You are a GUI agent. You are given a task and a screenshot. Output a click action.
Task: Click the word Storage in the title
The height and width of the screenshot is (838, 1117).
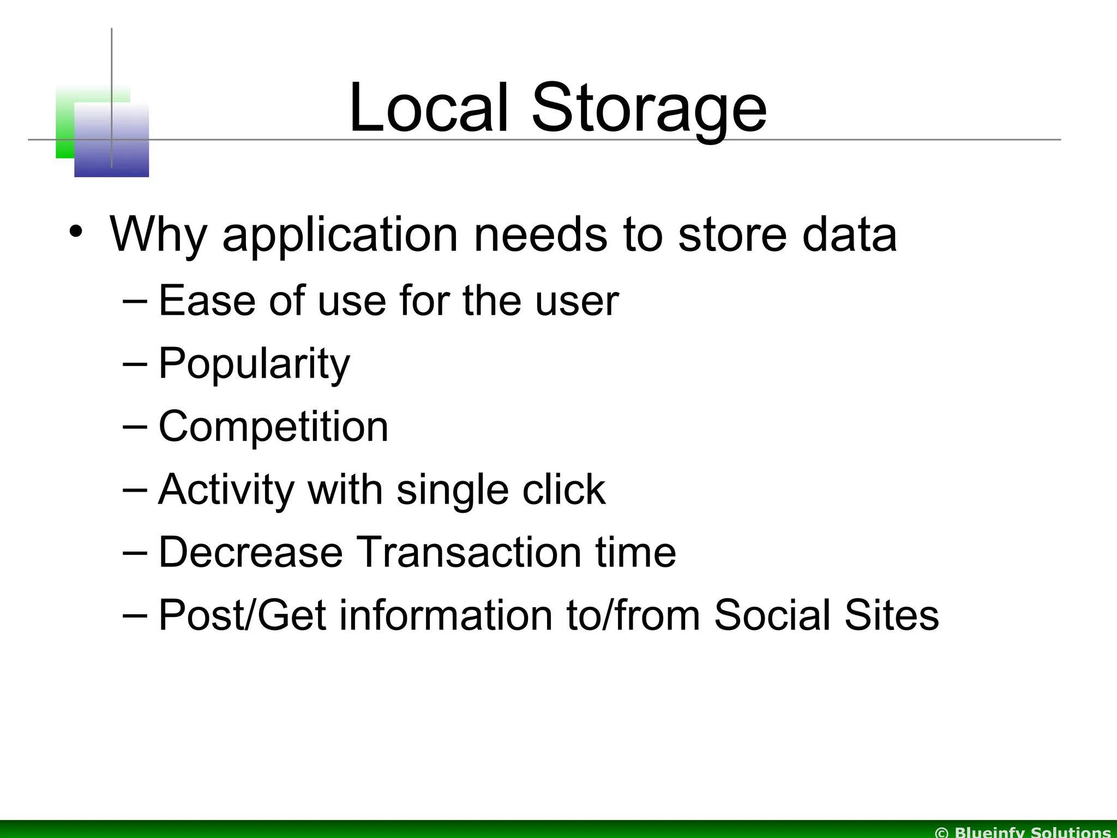649,109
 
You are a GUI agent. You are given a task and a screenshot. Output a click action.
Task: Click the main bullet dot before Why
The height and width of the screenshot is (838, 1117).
76,231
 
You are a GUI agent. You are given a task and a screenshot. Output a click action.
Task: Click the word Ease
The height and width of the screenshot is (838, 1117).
207,301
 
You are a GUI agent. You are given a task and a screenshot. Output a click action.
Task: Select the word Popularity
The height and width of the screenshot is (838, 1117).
254,364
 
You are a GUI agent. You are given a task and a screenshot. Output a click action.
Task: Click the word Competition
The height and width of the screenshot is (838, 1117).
273,427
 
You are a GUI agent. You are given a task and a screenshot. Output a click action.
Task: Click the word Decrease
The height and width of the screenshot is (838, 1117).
250,552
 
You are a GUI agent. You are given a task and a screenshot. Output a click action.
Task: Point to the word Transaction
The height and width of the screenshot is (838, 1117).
469,552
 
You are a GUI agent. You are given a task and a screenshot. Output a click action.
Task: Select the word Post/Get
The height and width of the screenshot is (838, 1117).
242,616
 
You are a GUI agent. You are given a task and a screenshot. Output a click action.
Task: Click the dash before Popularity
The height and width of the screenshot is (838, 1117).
135,363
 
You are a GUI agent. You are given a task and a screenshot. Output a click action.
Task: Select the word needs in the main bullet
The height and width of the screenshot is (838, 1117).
540,235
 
